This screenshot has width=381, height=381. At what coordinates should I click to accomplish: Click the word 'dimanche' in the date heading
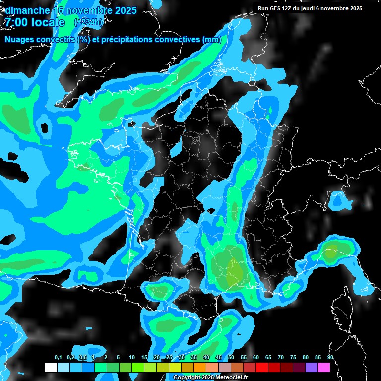(27, 10)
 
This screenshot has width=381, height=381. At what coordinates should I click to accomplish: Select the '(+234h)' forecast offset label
(88, 22)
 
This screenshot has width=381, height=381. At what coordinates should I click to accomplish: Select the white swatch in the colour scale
(51, 368)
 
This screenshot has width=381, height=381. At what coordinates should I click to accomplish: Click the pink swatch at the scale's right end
(324, 368)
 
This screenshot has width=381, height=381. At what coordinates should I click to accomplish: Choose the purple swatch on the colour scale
(312, 368)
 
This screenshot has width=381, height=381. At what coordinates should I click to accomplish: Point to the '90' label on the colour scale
(330, 358)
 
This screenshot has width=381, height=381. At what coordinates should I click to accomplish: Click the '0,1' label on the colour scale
(58, 358)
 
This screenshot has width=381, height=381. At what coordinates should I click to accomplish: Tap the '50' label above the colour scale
(231, 358)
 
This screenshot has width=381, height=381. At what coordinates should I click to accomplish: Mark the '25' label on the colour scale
(169, 358)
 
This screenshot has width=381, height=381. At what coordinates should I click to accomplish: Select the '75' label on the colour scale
(293, 358)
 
